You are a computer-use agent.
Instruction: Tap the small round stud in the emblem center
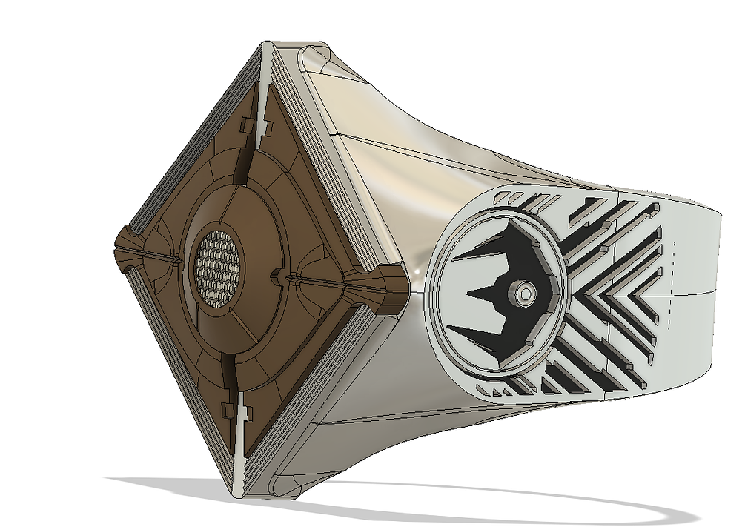point(524,294)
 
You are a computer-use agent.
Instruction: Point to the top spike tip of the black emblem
point(454,256)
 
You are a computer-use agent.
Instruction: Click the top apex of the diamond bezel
point(265,48)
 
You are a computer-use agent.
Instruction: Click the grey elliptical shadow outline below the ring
point(445,511)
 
